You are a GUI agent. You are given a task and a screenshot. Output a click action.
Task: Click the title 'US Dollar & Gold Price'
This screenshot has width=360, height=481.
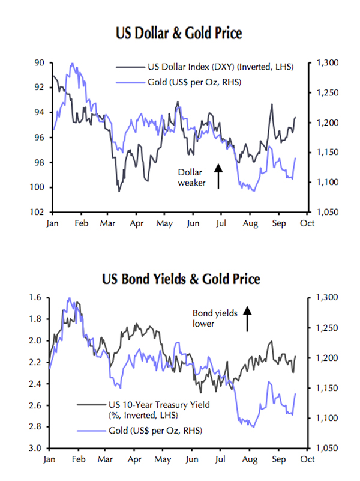click(x=179, y=33)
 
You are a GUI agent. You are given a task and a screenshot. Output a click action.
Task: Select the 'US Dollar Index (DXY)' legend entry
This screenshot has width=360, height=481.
click(x=220, y=67)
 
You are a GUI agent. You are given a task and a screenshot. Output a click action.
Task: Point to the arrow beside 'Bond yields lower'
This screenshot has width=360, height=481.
click(x=247, y=319)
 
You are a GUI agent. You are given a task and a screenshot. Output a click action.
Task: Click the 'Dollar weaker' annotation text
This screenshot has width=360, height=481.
click(x=191, y=178)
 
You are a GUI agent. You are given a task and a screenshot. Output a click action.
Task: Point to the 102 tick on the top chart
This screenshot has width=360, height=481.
click(x=40, y=212)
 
